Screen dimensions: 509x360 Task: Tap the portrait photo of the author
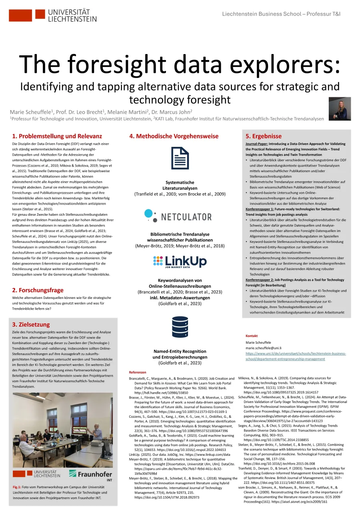point(340,108)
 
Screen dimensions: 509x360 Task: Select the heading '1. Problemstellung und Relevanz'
point(57,136)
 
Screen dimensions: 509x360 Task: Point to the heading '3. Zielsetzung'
point(31,325)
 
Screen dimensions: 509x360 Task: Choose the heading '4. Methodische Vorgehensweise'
point(174,136)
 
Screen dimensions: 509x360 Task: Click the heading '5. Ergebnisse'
point(264,136)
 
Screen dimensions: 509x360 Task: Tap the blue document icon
point(180,158)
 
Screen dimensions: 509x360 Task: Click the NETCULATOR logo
point(178,216)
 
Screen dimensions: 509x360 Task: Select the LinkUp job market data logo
point(180,262)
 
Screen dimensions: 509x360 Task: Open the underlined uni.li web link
point(296,356)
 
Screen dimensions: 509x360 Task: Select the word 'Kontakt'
point(252,336)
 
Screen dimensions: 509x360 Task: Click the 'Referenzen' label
point(138,372)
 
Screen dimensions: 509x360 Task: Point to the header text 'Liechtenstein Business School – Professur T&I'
point(281,14)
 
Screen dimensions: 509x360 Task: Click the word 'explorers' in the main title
point(282,64)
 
